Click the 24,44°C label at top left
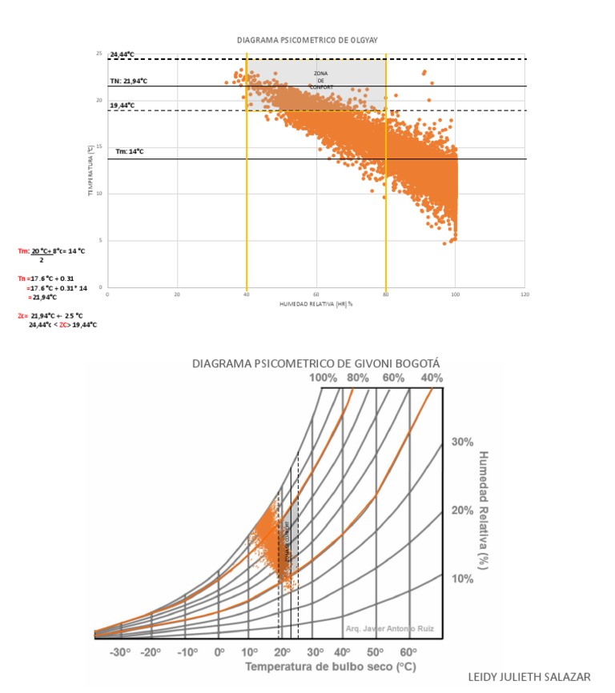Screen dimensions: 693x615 (123, 54)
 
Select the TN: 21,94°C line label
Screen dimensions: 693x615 (129, 82)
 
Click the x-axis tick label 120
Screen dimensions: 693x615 (525, 294)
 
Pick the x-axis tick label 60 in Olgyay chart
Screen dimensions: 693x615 (316, 294)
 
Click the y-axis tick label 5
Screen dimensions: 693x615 (100, 240)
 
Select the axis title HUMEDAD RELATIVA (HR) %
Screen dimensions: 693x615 (316, 305)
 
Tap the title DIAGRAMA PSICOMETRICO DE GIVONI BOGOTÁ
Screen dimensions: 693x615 (316, 364)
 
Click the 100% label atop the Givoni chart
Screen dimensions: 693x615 (324, 378)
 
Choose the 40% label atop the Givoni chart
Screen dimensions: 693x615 (432, 378)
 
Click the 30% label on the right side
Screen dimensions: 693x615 (463, 442)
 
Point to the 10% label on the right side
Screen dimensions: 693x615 (463, 579)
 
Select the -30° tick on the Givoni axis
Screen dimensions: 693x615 (120, 652)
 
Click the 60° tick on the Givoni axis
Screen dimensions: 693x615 (408, 652)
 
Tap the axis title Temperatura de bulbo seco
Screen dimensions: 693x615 (332, 667)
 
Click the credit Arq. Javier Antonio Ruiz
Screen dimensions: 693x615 (389, 629)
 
